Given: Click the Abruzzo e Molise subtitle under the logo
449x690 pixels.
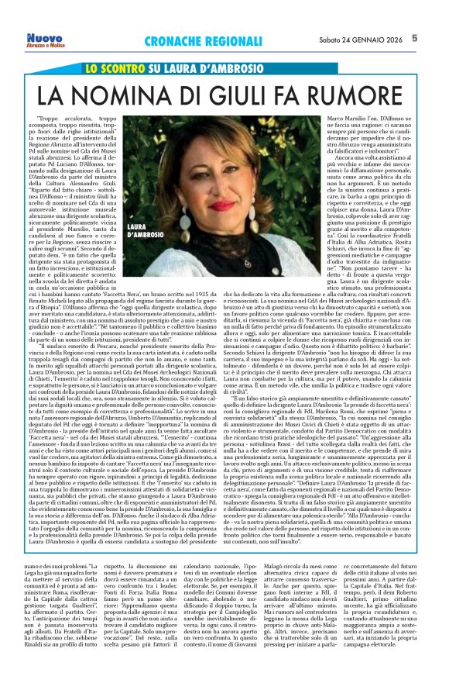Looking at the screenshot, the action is [45, 46].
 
